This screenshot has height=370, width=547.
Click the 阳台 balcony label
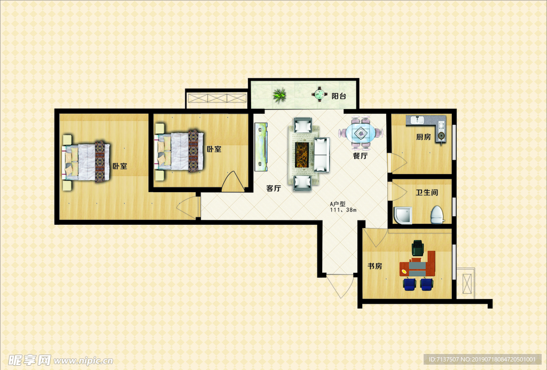point(338,96)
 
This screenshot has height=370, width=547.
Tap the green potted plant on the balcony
point(279,95)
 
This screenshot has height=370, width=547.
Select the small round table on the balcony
point(320,94)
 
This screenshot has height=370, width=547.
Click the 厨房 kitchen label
point(423,137)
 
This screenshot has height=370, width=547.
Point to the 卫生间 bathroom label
point(427,193)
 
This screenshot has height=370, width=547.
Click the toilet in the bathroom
point(437,215)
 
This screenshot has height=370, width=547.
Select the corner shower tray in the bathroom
point(403,216)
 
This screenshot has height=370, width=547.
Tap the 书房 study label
point(374,266)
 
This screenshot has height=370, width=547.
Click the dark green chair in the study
point(418,248)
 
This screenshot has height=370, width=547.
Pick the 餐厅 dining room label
point(360,156)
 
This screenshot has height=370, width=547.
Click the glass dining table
point(361,132)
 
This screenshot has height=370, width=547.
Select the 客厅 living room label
point(273,188)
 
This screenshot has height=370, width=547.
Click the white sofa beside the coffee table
point(322,154)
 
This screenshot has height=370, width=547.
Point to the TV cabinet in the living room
point(261,147)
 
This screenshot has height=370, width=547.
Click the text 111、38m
point(343,210)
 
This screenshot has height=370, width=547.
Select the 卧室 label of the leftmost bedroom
point(120,167)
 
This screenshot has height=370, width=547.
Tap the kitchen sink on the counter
point(417,120)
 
